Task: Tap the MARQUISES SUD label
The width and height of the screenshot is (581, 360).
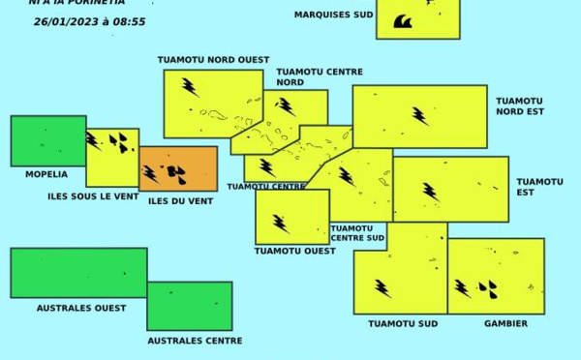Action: [x=333, y=15]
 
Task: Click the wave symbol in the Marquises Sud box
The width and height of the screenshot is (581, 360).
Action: [x=402, y=21]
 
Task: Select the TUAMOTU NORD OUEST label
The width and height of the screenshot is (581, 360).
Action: [x=213, y=60]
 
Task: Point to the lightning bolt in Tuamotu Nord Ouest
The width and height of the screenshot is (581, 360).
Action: [x=191, y=88]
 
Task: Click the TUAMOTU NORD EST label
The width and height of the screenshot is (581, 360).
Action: [x=519, y=106]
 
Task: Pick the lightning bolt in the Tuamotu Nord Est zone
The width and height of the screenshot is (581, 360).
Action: [x=420, y=116]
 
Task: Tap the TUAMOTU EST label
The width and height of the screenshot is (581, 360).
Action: [x=539, y=187]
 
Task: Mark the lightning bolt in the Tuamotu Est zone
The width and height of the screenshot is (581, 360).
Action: [x=430, y=192]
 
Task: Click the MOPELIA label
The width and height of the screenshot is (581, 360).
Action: [x=46, y=175]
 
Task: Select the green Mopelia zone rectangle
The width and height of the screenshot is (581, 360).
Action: [x=47, y=141]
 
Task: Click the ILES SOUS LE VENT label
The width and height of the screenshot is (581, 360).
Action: [x=93, y=196]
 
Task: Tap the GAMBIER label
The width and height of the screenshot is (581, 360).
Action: [x=505, y=324]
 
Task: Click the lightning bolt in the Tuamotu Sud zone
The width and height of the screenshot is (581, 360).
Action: [x=383, y=288]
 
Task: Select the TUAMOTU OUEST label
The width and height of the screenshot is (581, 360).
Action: [x=295, y=251]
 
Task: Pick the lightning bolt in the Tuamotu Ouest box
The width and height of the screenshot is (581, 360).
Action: [x=281, y=224]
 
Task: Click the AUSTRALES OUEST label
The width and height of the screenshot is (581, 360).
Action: [x=81, y=309]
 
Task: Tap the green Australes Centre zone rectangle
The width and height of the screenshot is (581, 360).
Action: [x=190, y=306]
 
